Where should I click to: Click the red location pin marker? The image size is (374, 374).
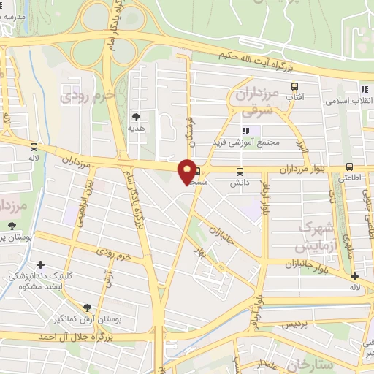[x=188, y=171]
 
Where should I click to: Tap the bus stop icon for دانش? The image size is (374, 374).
[x=240, y=172]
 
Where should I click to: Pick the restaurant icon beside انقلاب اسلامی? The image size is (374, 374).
[x=363, y=89]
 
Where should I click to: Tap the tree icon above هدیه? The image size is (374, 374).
[x=135, y=116]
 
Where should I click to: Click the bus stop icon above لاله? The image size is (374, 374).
[x=34, y=146]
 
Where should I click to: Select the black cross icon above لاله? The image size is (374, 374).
[x=354, y=276]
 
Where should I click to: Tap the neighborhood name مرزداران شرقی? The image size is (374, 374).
[x=254, y=102]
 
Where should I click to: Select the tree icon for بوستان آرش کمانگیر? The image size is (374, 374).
[x=88, y=308]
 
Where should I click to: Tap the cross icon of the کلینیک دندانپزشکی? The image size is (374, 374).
[x=40, y=264]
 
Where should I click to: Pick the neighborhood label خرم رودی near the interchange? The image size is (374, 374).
[x=88, y=96]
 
